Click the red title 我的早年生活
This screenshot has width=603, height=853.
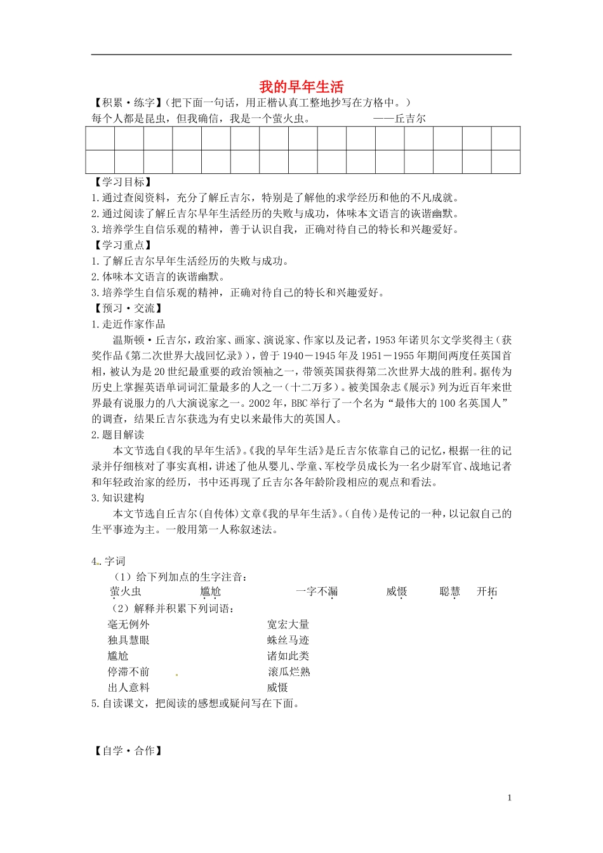click(301, 87)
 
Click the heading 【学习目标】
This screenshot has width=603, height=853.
click(122, 182)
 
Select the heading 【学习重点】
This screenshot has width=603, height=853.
click(122, 245)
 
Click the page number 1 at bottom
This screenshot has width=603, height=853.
click(509, 798)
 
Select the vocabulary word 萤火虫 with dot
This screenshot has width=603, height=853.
click(126, 592)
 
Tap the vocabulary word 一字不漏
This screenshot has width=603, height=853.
click(317, 592)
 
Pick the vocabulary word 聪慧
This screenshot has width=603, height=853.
click(449, 592)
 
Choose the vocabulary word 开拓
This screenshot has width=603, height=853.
click(487, 592)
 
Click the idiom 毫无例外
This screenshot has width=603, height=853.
click(129, 625)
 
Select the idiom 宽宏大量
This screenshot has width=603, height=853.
click(288, 625)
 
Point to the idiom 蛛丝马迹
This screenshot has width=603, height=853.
click(288, 640)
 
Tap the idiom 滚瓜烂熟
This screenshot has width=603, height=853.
click(288, 671)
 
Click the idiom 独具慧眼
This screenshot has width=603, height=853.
click(129, 640)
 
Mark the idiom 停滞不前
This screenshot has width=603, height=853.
click(129, 671)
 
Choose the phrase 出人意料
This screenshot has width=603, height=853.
click(129, 687)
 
